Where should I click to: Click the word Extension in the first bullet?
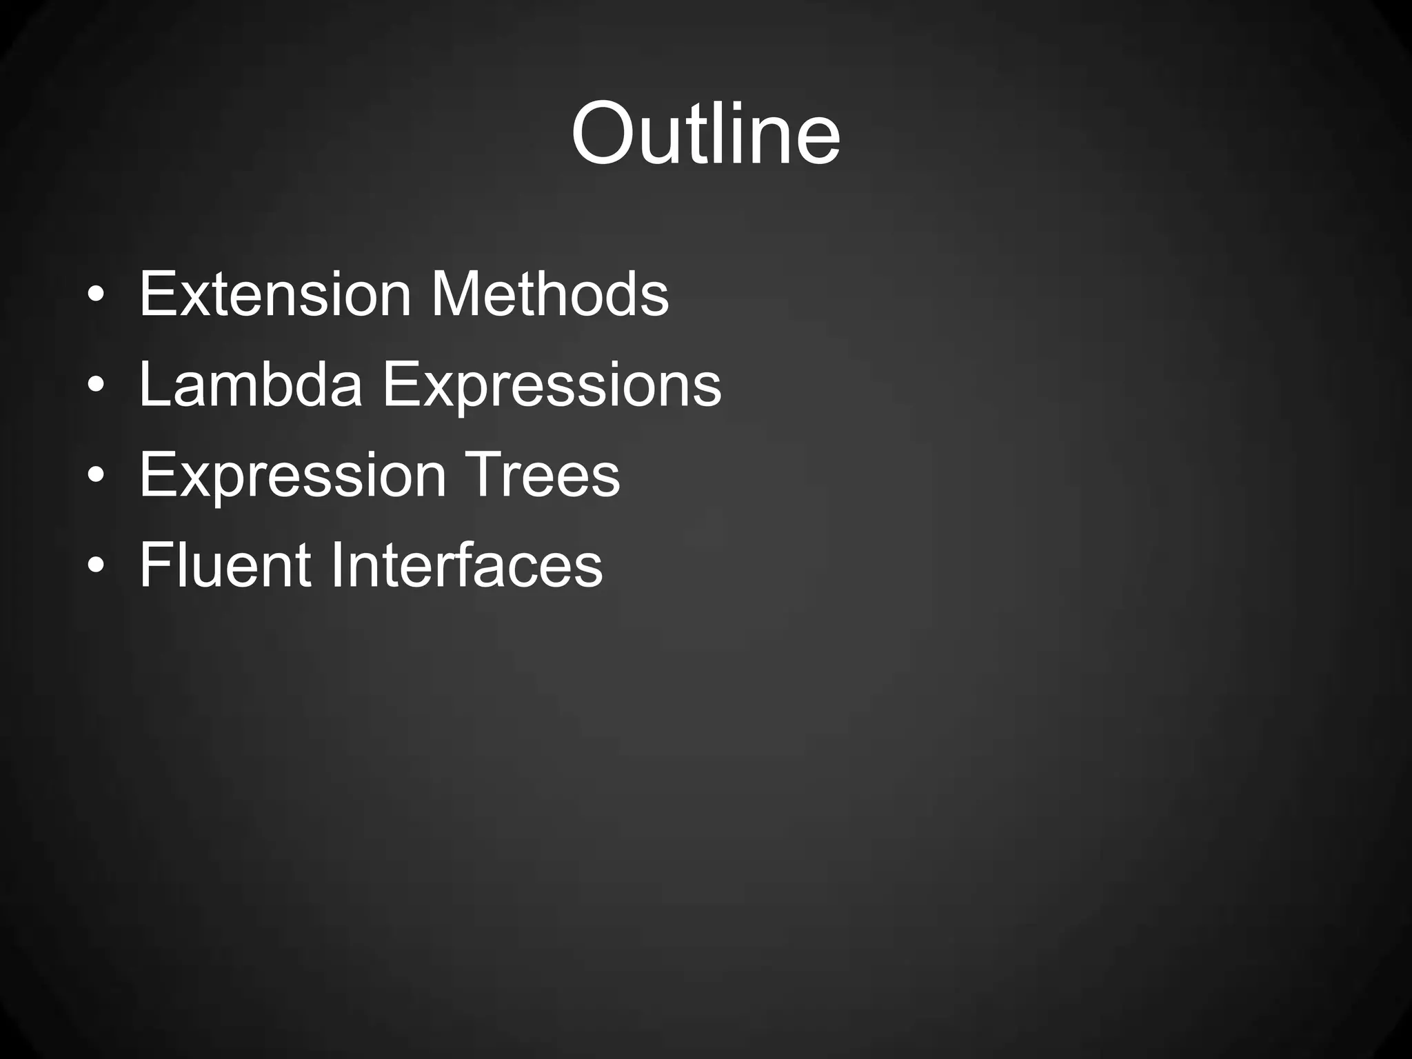275,294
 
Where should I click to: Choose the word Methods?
549,294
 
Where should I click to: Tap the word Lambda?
250,385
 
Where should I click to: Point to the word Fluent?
225,565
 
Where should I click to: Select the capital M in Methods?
456,294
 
